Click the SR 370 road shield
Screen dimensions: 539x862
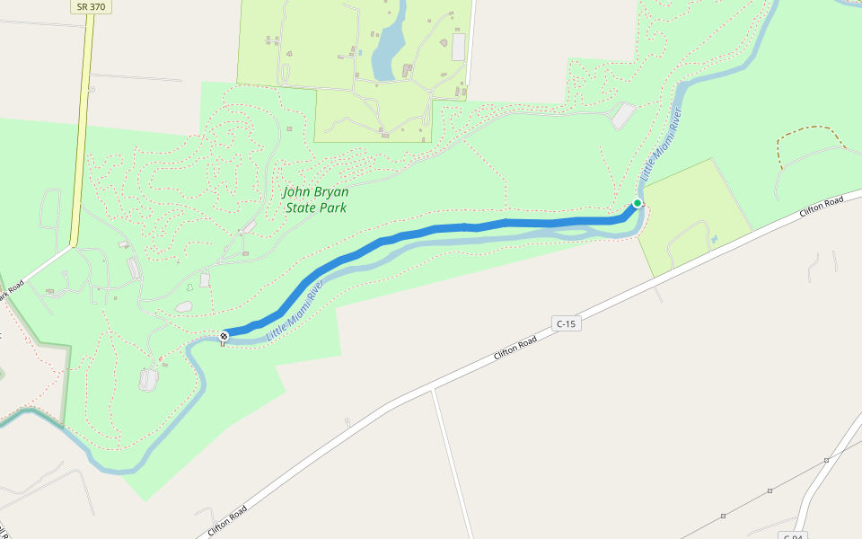[x=91, y=6]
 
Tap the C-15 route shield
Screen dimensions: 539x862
[x=566, y=323]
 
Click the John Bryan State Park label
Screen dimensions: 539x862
[x=315, y=199]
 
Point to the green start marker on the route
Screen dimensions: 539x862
[x=638, y=203]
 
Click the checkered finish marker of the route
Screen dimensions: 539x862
[x=224, y=336]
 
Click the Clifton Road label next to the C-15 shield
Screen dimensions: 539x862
[x=515, y=348]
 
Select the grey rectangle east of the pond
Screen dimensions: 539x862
[x=459, y=47]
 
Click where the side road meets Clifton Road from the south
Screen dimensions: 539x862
[x=433, y=389]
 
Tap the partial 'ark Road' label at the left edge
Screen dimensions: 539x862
[x=11, y=294]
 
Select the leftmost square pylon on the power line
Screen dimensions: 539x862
[x=723, y=516]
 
